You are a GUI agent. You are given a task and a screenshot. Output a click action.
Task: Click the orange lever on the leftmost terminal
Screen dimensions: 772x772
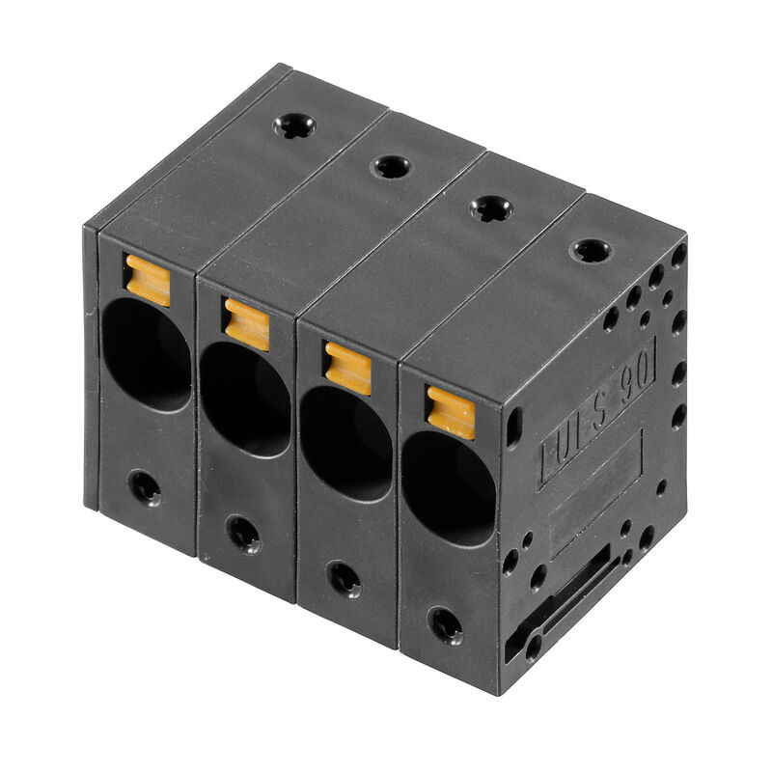click(148, 279)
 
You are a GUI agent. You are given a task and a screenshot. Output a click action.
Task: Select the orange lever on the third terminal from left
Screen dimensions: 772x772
click(347, 368)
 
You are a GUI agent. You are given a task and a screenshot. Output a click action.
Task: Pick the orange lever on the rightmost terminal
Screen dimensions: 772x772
click(451, 412)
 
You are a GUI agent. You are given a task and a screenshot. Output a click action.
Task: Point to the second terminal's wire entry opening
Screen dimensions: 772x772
click(246, 400)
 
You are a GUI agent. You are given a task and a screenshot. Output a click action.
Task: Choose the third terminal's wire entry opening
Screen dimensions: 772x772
click(346, 445)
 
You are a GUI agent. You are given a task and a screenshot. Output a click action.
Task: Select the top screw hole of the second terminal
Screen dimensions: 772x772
click(391, 166)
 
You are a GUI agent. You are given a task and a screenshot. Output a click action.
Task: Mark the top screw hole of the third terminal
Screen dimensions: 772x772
click(490, 207)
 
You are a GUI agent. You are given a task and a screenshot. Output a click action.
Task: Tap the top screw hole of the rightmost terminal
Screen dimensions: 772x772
click(591, 251)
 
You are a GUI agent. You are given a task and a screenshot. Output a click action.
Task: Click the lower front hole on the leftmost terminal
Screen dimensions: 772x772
click(145, 487)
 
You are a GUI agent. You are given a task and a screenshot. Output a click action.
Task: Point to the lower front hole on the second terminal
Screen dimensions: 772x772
click(242, 532)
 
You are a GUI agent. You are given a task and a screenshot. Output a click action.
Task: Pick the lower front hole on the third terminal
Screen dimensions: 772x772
click(344, 578)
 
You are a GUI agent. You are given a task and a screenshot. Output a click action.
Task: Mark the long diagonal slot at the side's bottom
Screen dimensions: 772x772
click(570, 593)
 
